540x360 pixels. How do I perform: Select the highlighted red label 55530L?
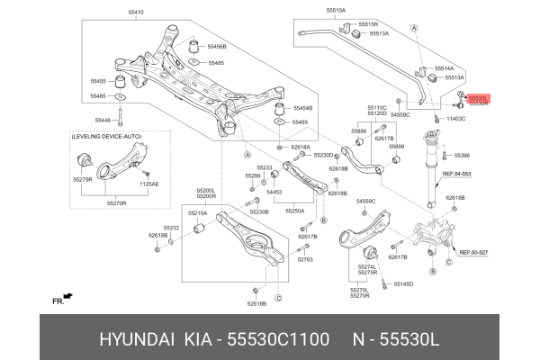[x=479, y=97]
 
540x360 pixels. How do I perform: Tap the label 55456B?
[x=217, y=45]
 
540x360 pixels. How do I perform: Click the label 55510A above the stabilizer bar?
[x=336, y=11]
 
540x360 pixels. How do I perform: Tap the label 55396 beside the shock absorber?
[x=462, y=155]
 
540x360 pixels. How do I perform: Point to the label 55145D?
[x=402, y=283]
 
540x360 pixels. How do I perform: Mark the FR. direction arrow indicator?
[x=64, y=298]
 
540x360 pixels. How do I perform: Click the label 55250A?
[x=294, y=211]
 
